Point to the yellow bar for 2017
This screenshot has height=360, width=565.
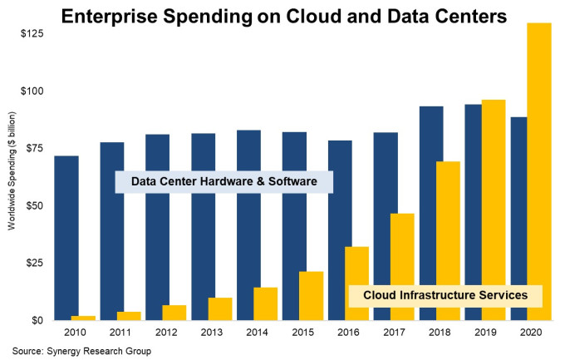[402, 266]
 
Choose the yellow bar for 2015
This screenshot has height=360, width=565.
[311, 295]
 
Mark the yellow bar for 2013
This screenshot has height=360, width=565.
[220, 308]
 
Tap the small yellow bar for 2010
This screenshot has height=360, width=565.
[83, 318]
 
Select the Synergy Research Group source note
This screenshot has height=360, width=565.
[81, 350]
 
